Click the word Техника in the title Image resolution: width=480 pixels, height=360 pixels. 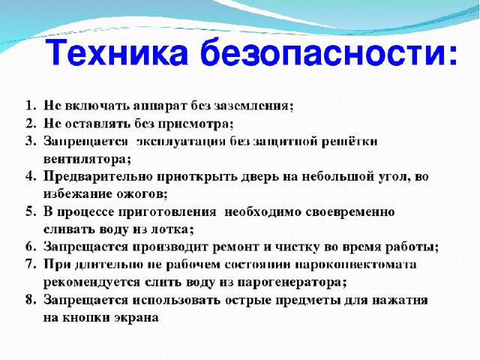pyautogui.click(x=117, y=52)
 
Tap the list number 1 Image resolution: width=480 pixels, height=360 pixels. pyautogui.click(x=31, y=105)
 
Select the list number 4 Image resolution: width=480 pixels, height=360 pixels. pyautogui.click(x=31, y=176)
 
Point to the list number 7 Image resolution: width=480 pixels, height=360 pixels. pyautogui.click(x=31, y=264)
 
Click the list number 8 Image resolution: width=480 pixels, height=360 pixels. pyautogui.click(x=31, y=300)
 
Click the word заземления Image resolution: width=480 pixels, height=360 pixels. pyautogui.click(x=253, y=106)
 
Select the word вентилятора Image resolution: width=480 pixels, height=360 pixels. pyautogui.click(x=87, y=160)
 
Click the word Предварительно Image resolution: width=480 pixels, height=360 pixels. pyautogui.click(x=98, y=177)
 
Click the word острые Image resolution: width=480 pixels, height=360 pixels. pyautogui.click(x=247, y=301)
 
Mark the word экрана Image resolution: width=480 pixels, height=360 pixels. pyautogui.click(x=136, y=318)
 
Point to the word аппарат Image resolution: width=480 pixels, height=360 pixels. pyautogui.click(x=160, y=106)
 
